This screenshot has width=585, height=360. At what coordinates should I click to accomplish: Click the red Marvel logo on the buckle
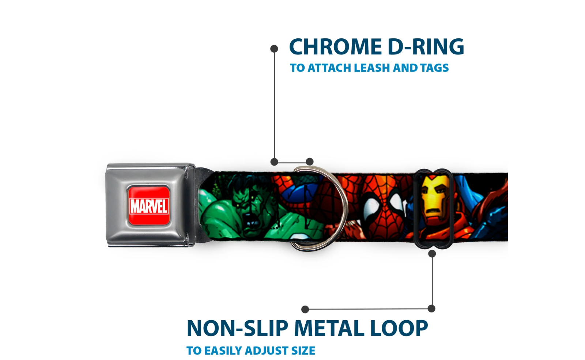(148, 205)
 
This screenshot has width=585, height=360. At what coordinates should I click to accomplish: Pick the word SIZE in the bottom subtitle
(303, 351)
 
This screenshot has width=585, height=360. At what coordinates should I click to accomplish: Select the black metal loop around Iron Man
(417, 208)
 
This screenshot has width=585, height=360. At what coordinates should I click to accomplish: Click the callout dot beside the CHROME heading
(274, 49)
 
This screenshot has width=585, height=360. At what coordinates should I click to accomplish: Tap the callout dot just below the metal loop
(432, 254)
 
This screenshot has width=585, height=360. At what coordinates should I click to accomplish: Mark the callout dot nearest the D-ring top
(310, 162)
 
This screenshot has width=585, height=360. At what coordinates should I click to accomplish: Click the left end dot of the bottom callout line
(305, 310)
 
